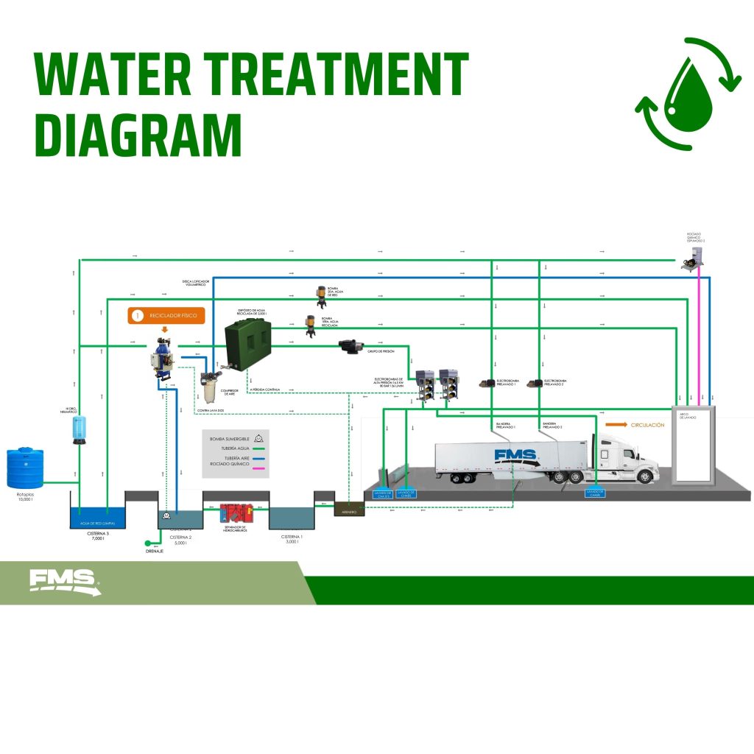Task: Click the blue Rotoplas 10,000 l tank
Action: click(x=25, y=469)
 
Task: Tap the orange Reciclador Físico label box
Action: click(x=165, y=316)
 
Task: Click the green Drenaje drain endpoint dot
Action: click(x=149, y=544)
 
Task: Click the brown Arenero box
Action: click(x=349, y=508)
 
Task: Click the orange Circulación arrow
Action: click(x=616, y=425)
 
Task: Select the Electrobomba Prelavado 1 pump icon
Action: click(x=487, y=383)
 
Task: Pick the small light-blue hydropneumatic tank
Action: click(x=80, y=429)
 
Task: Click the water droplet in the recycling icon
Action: click(x=688, y=95)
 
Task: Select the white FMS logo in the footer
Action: click(x=64, y=581)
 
